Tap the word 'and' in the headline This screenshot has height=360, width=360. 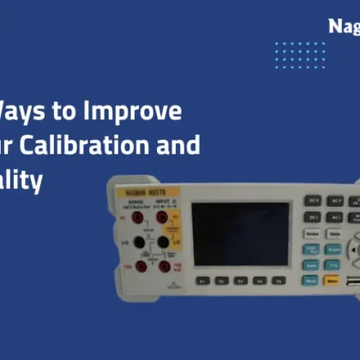[183, 144]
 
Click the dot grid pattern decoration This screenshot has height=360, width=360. [300, 55]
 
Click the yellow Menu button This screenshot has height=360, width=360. [331, 279]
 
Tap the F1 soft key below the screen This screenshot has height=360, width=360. [202, 280]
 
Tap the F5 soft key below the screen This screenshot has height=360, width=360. [278, 280]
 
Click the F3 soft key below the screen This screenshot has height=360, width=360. [240, 280]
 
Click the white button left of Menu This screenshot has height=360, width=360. [310, 279]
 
